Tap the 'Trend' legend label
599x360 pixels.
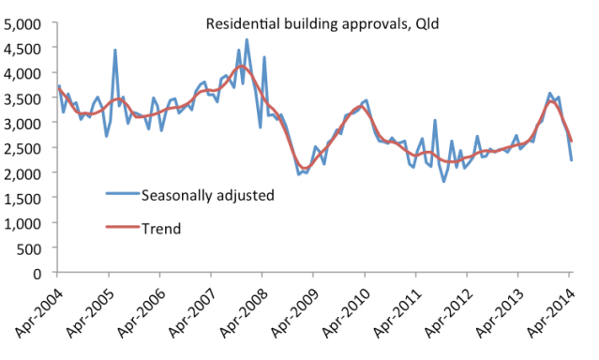tap(160, 227)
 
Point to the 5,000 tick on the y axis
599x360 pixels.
tap(25, 22)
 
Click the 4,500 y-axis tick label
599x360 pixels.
tap(25, 47)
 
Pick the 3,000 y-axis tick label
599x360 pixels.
tap(25, 123)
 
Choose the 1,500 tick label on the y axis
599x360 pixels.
tap(25, 198)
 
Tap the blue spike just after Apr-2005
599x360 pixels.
tap(114, 51)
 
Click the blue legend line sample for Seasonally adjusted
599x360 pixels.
tap(119, 196)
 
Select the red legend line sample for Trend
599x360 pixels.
tap(119, 227)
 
